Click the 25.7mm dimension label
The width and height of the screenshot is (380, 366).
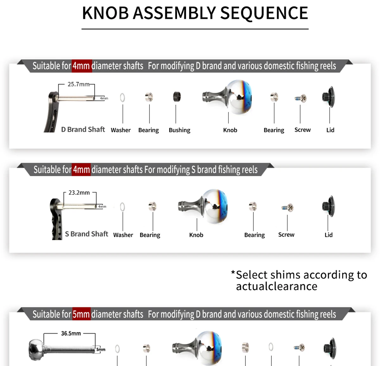pyautogui.click(x=79, y=84)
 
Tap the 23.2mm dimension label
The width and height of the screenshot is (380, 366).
pyautogui.click(x=79, y=193)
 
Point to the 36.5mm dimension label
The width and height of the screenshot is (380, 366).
pyautogui.click(x=71, y=333)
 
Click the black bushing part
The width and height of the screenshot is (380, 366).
pyautogui.click(x=177, y=97)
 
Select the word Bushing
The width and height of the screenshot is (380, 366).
pyautogui.click(x=180, y=130)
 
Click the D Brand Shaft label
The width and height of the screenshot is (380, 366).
pyautogui.click(x=83, y=129)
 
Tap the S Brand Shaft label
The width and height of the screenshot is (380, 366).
pyautogui.click(x=86, y=234)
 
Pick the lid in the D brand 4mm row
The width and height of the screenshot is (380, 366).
pyautogui.click(x=329, y=97)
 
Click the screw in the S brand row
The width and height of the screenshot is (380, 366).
pyautogui.click(x=288, y=208)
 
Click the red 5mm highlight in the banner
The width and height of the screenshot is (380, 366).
pyautogui.click(x=81, y=314)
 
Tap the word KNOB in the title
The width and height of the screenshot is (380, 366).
pyautogui.click(x=105, y=13)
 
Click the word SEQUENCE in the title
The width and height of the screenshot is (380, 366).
pyautogui.click(x=264, y=13)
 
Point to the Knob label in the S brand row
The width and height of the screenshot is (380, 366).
pyautogui.click(x=196, y=235)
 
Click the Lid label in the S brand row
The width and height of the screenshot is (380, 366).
pyautogui.click(x=328, y=235)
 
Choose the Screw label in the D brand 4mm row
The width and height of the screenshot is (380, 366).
pyautogui.click(x=302, y=130)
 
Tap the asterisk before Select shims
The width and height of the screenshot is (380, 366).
pyautogui.click(x=233, y=272)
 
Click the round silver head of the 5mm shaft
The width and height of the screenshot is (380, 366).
pyautogui.click(x=36, y=349)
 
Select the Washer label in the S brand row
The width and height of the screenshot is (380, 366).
pyautogui.click(x=123, y=235)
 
